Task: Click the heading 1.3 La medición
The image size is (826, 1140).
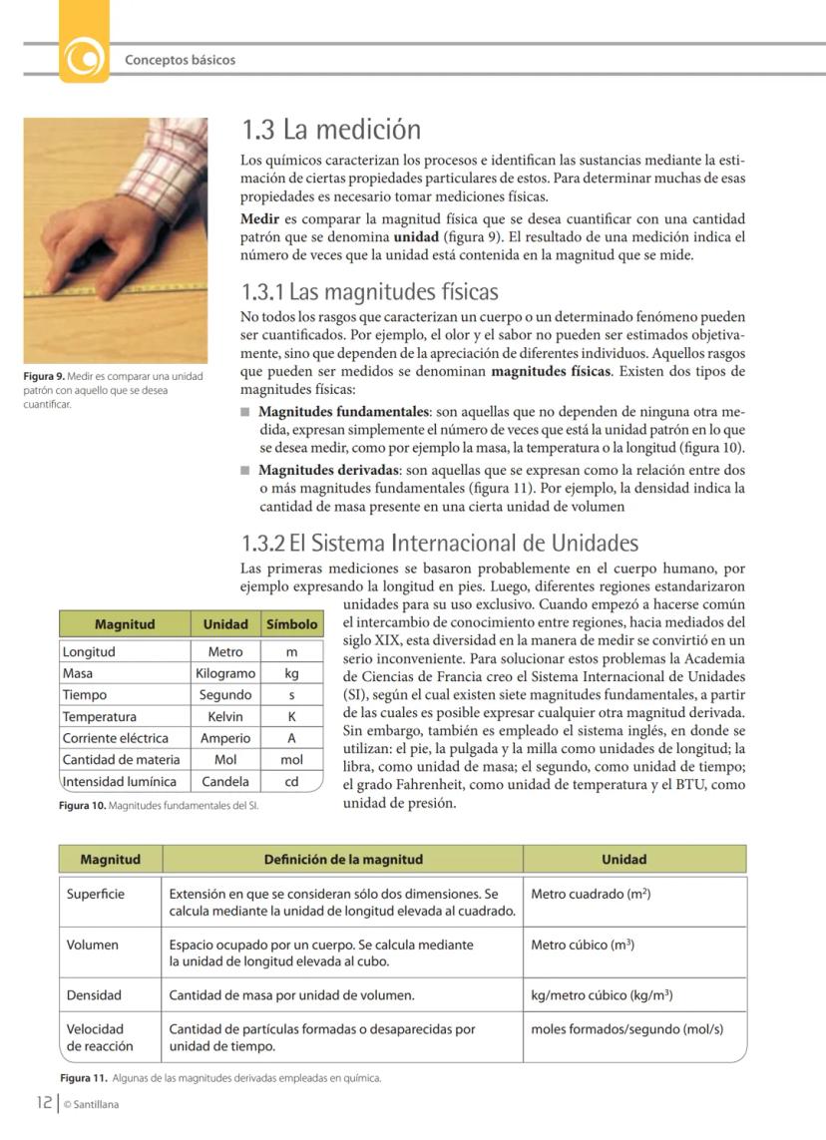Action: pyautogui.click(x=331, y=131)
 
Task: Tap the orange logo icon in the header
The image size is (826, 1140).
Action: pyautogui.click(x=85, y=57)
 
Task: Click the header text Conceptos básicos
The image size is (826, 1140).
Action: pyautogui.click(x=180, y=60)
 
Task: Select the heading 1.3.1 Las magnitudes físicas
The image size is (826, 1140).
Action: pyautogui.click(x=369, y=293)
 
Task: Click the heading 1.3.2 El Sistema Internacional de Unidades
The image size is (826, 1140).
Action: pyautogui.click(x=439, y=544)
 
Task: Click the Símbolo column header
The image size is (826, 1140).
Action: pyautogui.click(x=291, y=624)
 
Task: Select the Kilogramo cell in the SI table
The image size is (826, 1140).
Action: pyautogui.click(x=225, y=673)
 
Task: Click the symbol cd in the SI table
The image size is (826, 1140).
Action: pyautogui.click(x=291, y=781)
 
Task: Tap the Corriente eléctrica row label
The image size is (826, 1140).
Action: pyautogui.click(x=115, y=738)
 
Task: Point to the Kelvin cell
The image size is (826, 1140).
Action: pyautogui.click(x=225, y=716)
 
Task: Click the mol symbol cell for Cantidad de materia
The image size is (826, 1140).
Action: pyautogui.click(x=291, y=759)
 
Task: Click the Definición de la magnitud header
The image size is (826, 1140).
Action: pyautogui.click(x=343, y=859)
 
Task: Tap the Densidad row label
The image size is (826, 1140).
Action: pyautogui.click(x=94, y=994)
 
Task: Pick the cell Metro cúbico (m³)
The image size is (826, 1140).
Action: pyautogui.click(x=583, y=945)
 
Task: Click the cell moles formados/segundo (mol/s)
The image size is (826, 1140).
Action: pyautogui.click(x=626, y=1029)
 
